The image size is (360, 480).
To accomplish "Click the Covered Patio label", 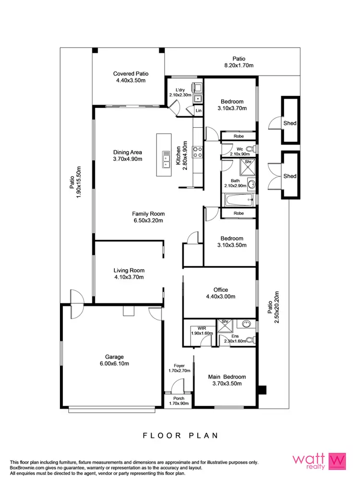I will (131, 73).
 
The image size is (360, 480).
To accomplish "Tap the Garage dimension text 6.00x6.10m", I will (115, 363).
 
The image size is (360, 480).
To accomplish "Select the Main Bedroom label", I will (227, 377).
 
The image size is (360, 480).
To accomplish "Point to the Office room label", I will (221, 290).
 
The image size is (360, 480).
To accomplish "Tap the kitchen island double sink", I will (166, 160).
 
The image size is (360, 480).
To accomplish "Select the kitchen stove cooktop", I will (197, 152).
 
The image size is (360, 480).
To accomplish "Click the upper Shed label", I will (290, 123).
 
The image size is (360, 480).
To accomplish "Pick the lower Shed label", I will (290, 176).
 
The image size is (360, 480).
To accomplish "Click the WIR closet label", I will (194, 328).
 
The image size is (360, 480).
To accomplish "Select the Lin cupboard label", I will (199, 111).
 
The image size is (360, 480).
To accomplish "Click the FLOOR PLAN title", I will (180, 435).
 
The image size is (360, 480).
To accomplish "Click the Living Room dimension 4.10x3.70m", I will (129, 277).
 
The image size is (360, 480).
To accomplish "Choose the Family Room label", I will (149, 214).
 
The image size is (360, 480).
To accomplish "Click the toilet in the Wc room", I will (250, 149).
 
